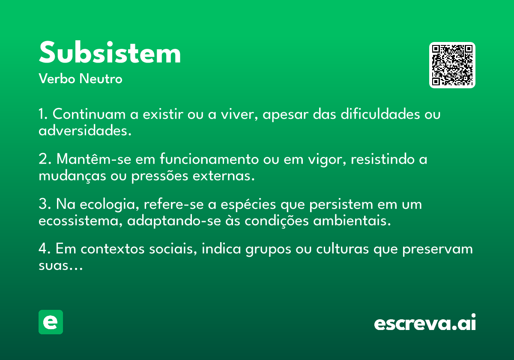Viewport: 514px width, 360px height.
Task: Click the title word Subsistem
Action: click(110, 52)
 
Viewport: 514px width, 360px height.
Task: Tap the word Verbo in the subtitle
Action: click(57, 78)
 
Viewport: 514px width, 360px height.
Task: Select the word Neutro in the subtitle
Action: click(101, 78)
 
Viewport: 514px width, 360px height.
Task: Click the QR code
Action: click(452, 65)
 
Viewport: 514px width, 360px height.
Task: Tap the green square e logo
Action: click(51, 322)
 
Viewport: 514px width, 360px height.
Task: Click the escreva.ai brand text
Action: click(425, 322)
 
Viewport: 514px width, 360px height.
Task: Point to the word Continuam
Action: click(89, 114)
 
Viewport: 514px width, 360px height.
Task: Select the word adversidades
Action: click(85, 130)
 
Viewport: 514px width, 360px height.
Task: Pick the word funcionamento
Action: click(209, 159)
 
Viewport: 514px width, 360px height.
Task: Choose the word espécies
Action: click(248, 204)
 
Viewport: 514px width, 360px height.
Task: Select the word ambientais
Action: click(352, 221)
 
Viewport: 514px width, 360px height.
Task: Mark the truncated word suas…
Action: click(60, 266)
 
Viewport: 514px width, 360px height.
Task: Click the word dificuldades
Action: click(380, 114)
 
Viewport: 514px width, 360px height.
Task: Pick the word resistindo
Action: click(383, 159)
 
